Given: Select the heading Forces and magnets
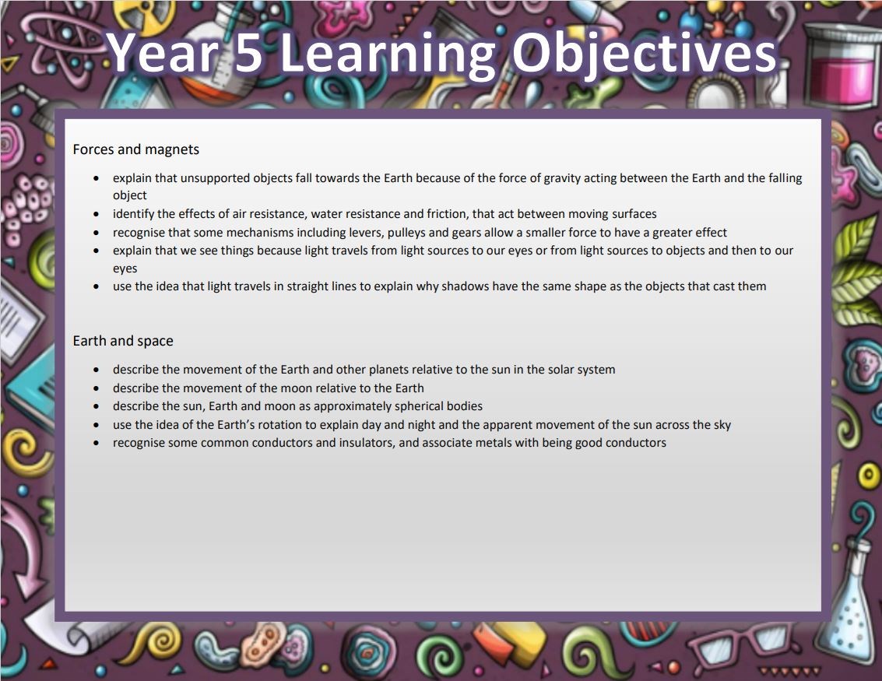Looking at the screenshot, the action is click(x=136, y=149).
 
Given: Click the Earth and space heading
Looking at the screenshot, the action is click(x=123, y=341).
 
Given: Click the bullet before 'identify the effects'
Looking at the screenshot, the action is click(x=97, y=214).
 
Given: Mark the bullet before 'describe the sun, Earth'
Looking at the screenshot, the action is click(x=97, y=406).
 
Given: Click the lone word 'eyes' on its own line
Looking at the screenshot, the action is click(x=125, y=269).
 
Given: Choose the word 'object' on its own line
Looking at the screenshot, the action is click(x=130, y=195).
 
